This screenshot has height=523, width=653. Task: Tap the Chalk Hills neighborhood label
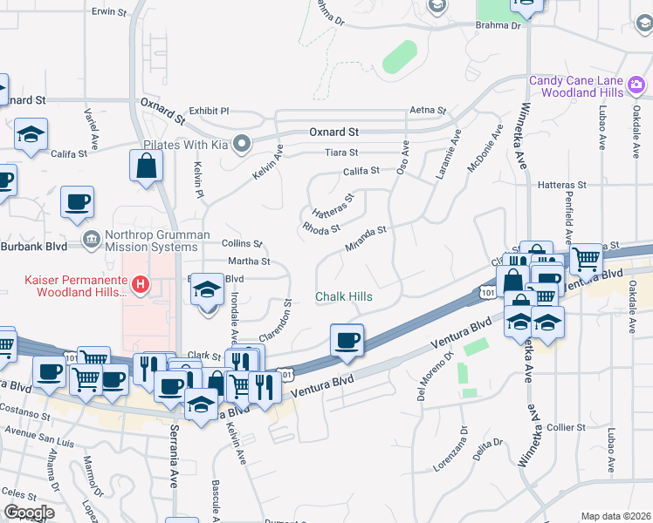pos(344,297)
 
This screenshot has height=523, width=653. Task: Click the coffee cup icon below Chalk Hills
pos(347,339)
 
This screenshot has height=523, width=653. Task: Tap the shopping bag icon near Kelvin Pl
pos(146,165)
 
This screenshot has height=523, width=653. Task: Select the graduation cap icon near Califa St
pos(31,135)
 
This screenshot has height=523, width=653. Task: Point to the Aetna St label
pos(428,112)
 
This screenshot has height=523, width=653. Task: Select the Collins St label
pos(242,244)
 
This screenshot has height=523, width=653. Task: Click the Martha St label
pos(249,261)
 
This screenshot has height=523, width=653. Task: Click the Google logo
pos(28,513)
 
